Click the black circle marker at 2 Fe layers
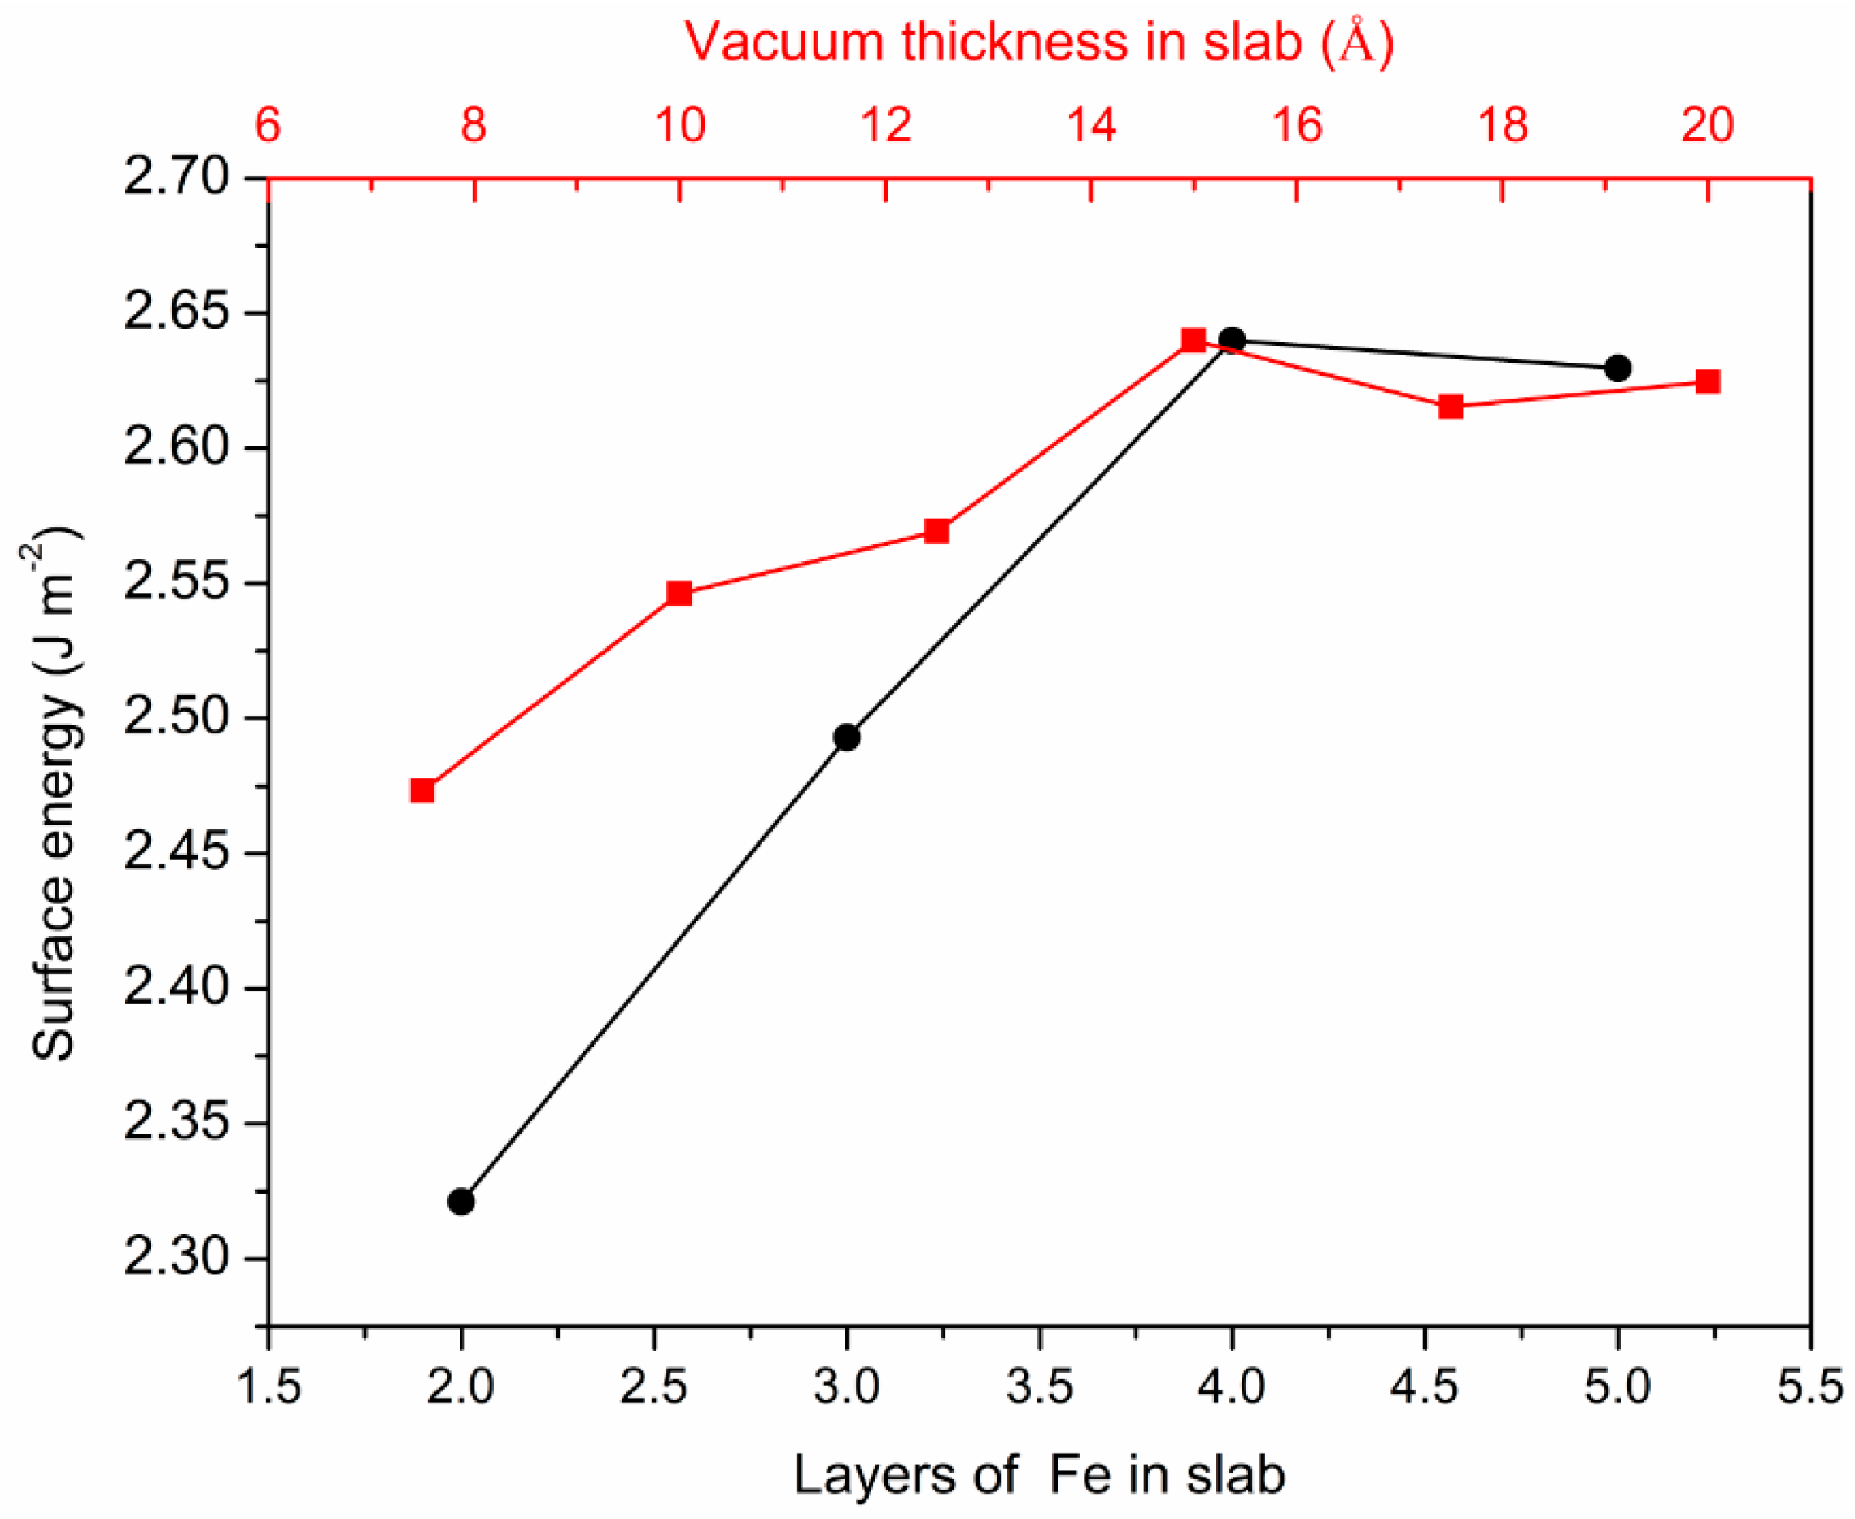pos(460,1201)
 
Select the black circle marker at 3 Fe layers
pos(846,738)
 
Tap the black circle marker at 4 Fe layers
pos(1232,340)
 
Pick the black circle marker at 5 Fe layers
pos(1617,368)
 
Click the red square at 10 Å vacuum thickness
pos(679,594)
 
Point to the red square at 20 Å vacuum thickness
pos(1707,381)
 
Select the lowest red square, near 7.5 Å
pos(422,791)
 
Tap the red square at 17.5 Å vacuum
pos(1451,407)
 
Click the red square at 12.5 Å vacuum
pos(936,531)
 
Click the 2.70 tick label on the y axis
pos(176,177)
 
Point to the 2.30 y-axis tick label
pos(176,1259)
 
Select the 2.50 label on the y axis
pos(176,718)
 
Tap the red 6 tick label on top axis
pos(267,125)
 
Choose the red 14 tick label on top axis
pos(1091,125)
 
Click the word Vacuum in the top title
pos(784,41)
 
